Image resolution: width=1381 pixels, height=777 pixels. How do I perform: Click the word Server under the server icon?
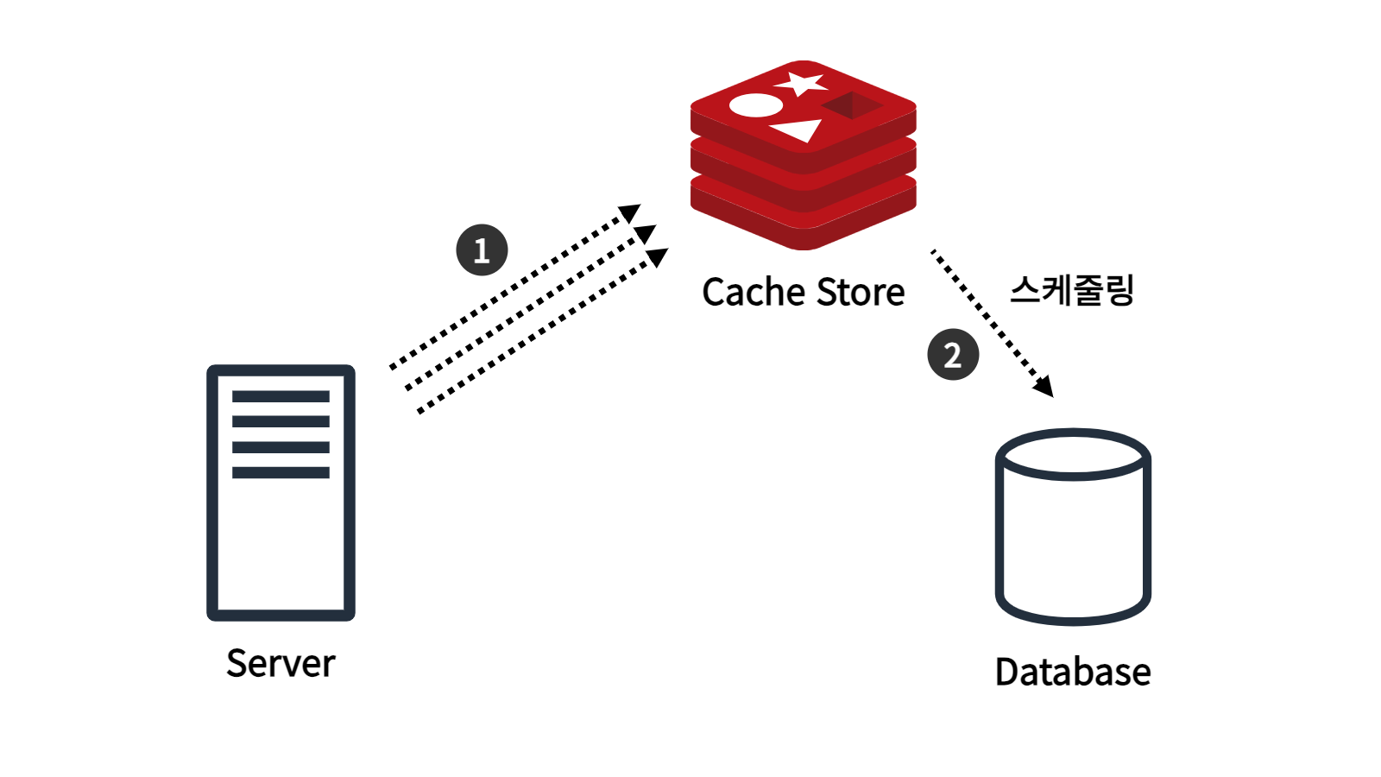tap(281, 664)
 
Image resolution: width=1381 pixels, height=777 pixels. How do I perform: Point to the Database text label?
tap(1073, 672)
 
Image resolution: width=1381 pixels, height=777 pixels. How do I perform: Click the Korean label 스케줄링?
tap(1072, 290)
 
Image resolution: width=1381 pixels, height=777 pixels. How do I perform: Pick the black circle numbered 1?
tap(482, 250)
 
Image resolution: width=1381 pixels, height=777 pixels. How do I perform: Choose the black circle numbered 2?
tap(953, 355)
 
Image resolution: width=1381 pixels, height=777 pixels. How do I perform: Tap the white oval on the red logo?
tap(756, 105)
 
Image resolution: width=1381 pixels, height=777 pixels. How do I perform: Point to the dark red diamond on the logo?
tap(852, 105)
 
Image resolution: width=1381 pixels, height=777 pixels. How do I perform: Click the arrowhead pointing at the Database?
tap(1044, 387)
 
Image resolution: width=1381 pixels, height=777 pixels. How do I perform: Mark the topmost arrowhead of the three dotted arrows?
tap(630, 212)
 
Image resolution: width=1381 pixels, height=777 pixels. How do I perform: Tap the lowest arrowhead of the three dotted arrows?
tap(657, 257)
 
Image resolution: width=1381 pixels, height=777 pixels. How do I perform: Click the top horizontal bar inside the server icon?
tap(281, 396)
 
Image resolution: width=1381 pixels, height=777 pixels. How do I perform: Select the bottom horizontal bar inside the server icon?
tap(281, 472)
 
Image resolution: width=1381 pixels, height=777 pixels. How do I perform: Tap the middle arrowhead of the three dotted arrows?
tap(644, 234)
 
